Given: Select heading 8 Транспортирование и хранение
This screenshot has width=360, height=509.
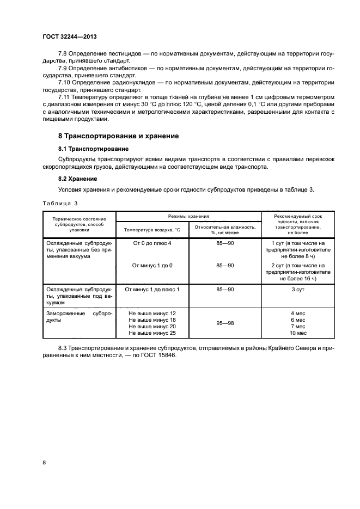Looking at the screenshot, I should pyautogui.click(x=119, y=136).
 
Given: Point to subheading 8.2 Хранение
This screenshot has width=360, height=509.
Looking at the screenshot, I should pyautogui.click(x=78, y=179).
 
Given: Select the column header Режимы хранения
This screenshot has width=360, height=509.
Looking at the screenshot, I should pyautogui.click(x=189, y=216).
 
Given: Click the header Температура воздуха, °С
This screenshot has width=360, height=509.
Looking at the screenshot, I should pyautogui.click(x=152, y=230).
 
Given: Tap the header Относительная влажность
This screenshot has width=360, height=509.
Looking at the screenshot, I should pyautogui.click(x=225, y=226).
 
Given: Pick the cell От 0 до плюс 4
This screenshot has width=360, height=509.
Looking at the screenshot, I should pyautogui.click(x=152, y=242).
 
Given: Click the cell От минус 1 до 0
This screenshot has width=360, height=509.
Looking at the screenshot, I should pyautogui.click(x=152, y=265).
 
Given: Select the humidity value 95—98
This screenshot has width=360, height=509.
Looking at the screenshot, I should pyautogui.click(x=225, y=323).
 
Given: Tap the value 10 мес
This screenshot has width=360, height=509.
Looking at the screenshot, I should pyautogui.click(x=298, y=333).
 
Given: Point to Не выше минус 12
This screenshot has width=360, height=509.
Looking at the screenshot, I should pyautogui.click(x=152, y=313).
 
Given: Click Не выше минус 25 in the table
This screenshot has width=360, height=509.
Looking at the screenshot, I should pyautogui.click(x=152, y=333).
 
